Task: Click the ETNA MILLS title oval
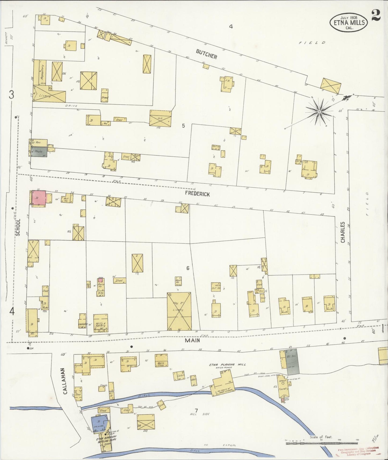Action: (x=349, y=22)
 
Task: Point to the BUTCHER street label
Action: (x=206, y=54)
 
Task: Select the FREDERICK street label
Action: (x=197, y=194)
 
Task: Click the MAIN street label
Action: (x=192, y=340)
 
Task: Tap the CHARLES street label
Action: (x=343, y=232)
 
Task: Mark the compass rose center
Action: (x=319, y=111)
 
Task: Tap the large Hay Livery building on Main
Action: (x=179, y=311)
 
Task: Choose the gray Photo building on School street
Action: (x=39, y=152)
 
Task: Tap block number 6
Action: (x=188, y=268)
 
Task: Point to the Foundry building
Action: (x=284, y=389)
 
